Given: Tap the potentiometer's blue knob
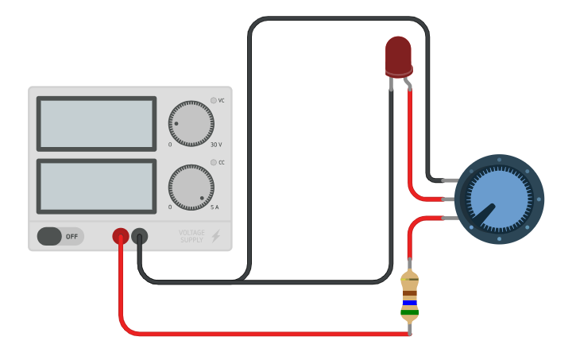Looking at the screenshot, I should point(498,199).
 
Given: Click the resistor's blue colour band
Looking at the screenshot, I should point(410,303).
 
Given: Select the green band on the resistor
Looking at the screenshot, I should point(410,312).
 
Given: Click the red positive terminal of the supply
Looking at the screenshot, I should point(120,236).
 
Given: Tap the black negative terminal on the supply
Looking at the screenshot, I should point(139,236).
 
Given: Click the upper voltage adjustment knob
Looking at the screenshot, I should point(191,124).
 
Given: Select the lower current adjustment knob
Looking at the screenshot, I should point(191,188).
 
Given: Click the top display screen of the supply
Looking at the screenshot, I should point(96,123).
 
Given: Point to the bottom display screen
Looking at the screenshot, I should point(96,186).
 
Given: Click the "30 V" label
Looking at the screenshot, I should point(216,145).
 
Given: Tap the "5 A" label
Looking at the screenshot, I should point(215,207).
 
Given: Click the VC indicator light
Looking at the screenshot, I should point(213,100).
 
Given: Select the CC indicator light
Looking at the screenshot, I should point(213,162).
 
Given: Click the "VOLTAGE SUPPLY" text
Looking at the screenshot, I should point(191,236).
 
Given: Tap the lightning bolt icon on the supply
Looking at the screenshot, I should point(215,236).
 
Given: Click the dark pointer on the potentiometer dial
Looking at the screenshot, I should point(485,212).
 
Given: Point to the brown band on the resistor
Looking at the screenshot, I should point(410,293).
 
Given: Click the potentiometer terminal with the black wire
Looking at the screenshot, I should point(449,180).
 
